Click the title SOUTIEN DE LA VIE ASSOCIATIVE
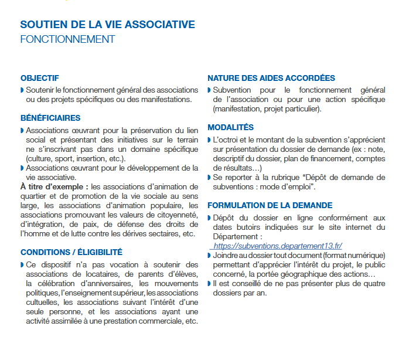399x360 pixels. click(107, 25)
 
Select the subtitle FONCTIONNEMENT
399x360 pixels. click(67, 39)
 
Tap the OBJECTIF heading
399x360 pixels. click(39, 78)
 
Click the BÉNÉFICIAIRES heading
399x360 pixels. click(50, 118)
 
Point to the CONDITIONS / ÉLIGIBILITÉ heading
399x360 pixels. click(71, 252)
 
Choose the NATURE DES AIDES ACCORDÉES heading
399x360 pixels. click(271, 78)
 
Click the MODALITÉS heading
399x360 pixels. click(231, 127)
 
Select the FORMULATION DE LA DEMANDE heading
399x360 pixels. click(270, 206)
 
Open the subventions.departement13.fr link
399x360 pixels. click(278, 246)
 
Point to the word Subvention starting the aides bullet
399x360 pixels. click(232, 90)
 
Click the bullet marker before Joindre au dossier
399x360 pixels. click(209, 256)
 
